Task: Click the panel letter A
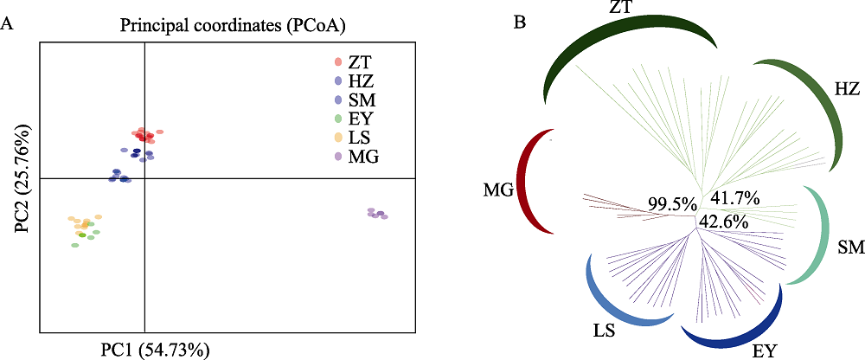pos(7,24)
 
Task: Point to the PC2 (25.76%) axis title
pos(23,179)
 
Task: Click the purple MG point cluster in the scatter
pos(377,214)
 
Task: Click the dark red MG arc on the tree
pos(526,183)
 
